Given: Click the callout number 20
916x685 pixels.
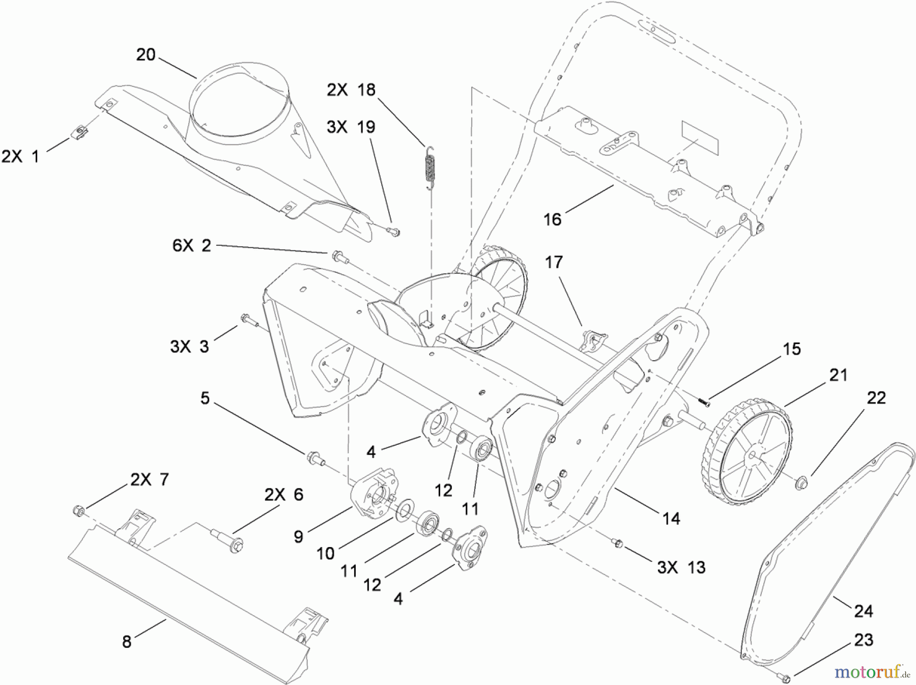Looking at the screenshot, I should (x=146, y=54).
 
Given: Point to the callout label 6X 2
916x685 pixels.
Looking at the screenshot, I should (x=191, y=246).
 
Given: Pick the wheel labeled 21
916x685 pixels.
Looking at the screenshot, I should (x=747, y=454).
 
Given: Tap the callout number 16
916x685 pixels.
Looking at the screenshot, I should (x=552, y=219).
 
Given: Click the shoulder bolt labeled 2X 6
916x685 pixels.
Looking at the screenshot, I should (x=226, y=538).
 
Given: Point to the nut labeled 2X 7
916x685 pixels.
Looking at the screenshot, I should (x=78, y=509).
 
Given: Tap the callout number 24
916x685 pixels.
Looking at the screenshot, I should (x=863, y=610).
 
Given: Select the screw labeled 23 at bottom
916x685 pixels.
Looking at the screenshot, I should (x=784, y=677).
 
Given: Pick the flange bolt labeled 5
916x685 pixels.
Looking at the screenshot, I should (x=313, y=456).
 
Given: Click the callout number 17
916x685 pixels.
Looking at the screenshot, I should (x=554, y=262).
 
